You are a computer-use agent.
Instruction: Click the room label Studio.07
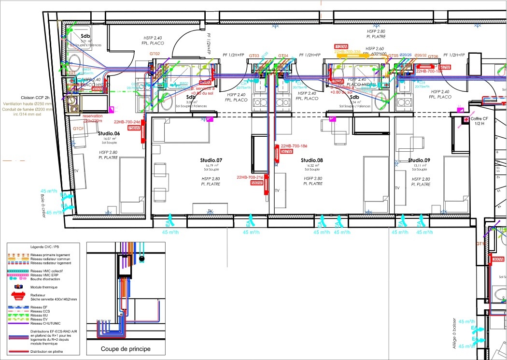point(211,160)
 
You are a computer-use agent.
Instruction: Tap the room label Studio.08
point(311,160)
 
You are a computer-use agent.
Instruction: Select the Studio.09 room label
point(419,160)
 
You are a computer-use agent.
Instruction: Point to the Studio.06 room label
point(109,133)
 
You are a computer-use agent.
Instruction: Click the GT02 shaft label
point(155,54)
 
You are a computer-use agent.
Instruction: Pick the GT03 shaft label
point(254,56)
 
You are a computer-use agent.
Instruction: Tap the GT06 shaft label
point(432,57)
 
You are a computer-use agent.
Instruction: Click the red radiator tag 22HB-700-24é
point(127,122)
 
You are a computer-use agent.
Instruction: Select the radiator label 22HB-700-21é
point(249,177)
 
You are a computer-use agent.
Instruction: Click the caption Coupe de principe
point(125,349)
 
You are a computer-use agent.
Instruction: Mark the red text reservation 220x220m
point(97,118)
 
